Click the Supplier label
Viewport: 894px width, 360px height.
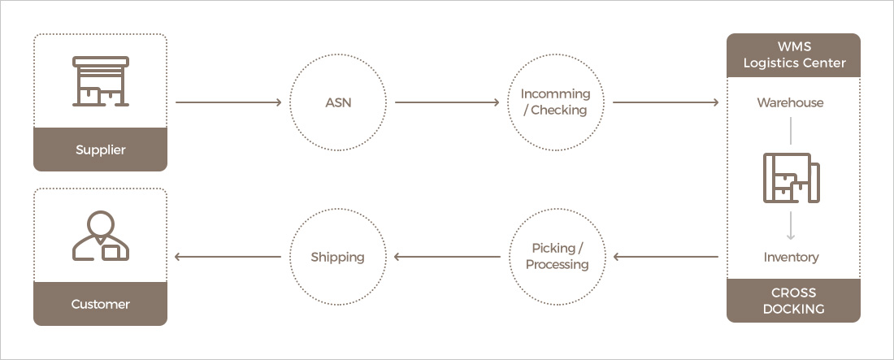(100, 150)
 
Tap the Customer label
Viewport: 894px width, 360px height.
(100, 304)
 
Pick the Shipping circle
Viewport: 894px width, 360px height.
(337, 257)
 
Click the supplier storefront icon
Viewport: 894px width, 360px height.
(100, 80)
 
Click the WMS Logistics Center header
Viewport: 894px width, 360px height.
(794, 55)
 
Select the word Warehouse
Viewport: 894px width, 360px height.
(790, 103)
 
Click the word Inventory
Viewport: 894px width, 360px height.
(791, 257)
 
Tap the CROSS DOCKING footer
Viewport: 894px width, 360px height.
(794, 300)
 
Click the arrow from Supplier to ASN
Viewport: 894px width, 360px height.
(228, 103)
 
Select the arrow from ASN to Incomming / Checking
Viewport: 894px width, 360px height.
(446, 103)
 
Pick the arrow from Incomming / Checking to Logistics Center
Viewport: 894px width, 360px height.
(666, 103)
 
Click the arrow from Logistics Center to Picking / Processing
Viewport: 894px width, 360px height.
(666, 257)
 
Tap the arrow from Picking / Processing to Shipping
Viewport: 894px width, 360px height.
(446, 257)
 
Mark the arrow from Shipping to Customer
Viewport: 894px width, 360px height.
(228, 257)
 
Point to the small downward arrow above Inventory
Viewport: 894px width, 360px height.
(791, 225)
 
